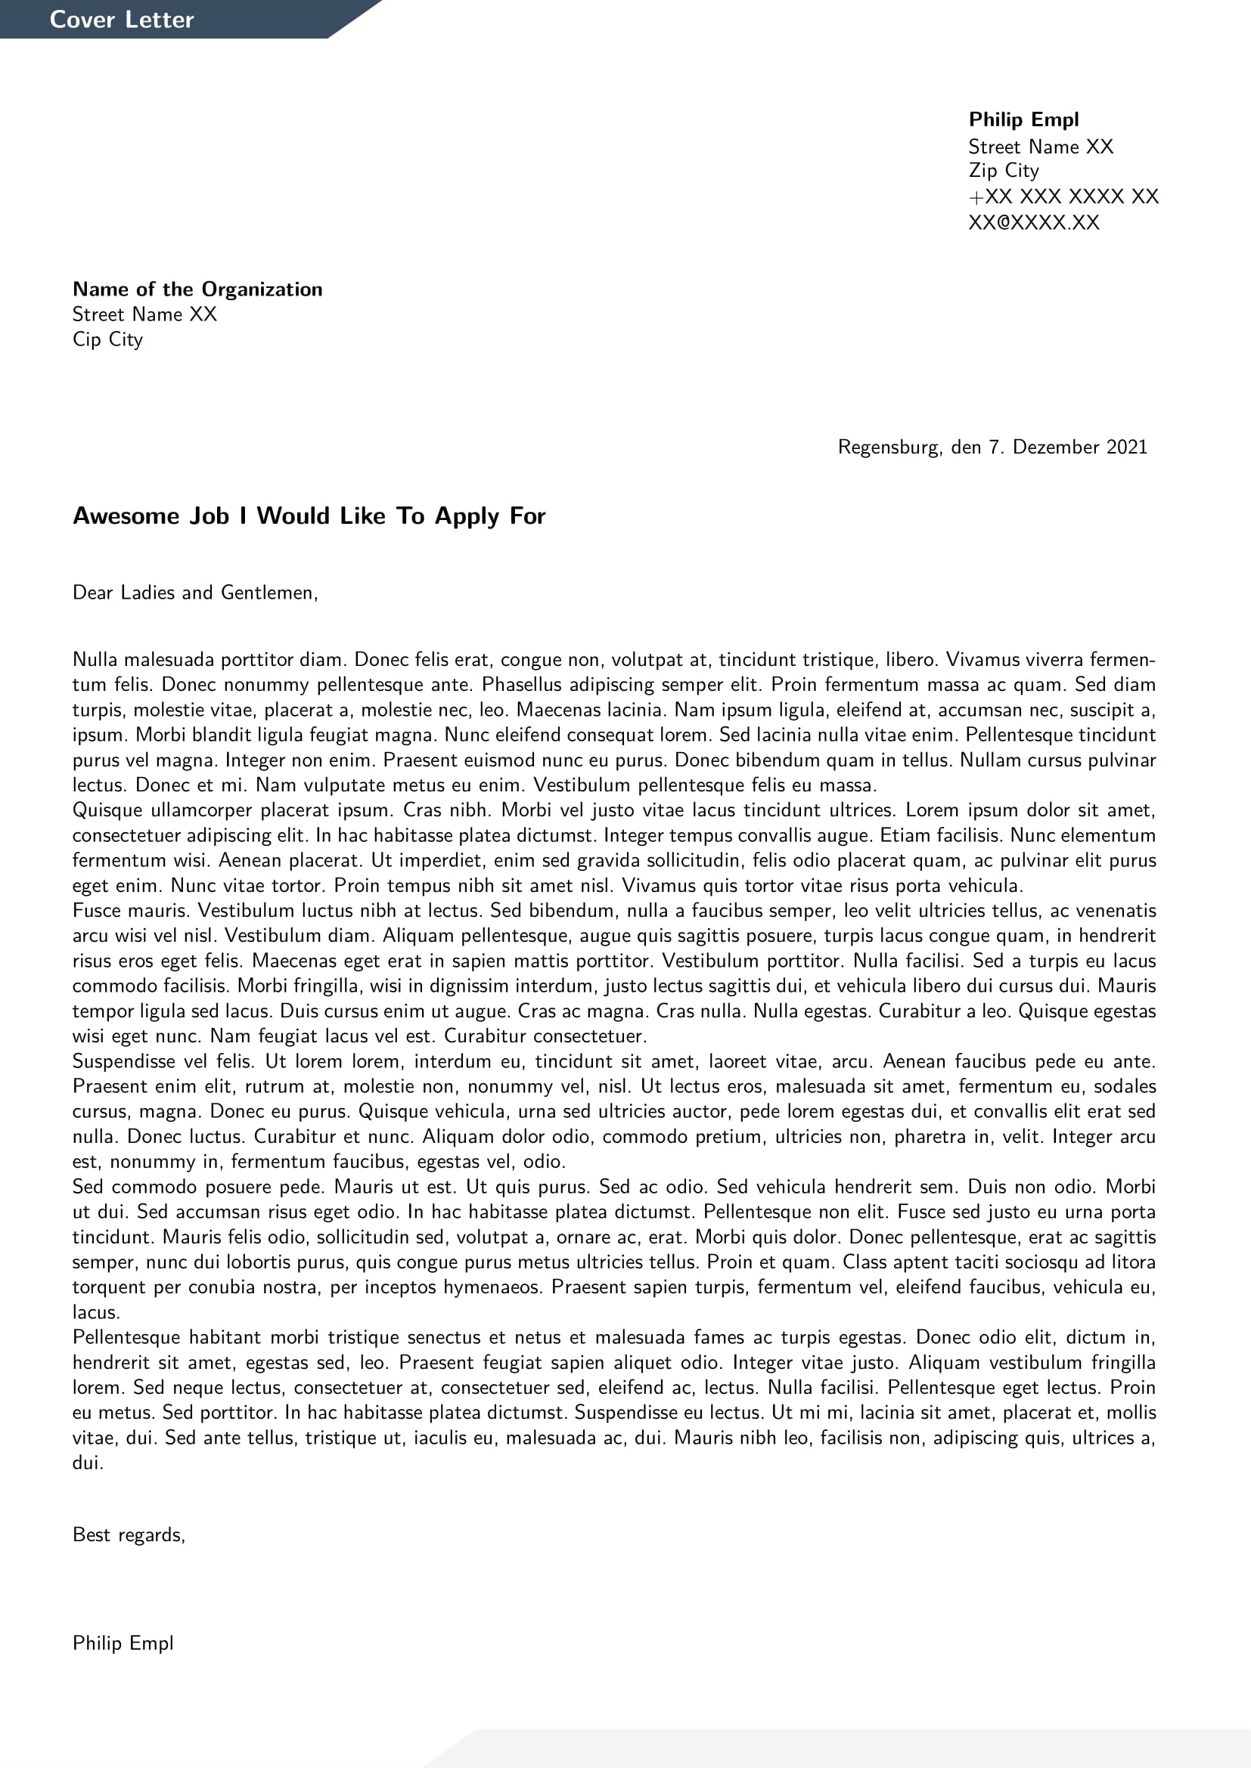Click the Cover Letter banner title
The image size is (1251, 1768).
pos(122,19)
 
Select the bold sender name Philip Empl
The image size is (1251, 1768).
pos(1023,119)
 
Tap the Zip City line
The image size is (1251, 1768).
pos(1003,170)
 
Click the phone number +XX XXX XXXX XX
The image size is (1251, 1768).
pos(1063,197)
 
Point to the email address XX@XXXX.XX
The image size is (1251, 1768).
pos(1033,222)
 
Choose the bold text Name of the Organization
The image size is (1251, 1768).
pos(197,290)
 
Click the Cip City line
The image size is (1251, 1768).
pos(107,339)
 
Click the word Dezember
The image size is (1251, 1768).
pos(1054,447)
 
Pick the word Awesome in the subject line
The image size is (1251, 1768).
pos(124,516)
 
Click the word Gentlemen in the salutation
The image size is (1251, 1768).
pos(267,592)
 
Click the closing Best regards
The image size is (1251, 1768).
pos(129,1534)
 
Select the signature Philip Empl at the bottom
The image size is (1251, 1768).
pos(123,1643)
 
